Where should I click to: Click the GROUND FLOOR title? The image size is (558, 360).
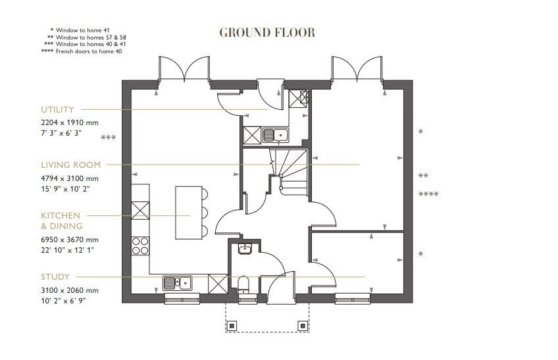pos(266,32)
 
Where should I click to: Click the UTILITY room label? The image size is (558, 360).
pos(57,110)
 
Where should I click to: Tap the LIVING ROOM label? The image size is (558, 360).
pos(71,165)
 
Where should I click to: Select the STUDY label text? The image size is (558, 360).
pos(55,277)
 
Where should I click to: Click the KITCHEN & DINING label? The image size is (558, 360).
pos(61,220)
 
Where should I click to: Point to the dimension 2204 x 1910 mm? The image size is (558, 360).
pos(69,123)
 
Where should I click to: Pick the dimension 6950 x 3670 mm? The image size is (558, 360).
pos(69,240)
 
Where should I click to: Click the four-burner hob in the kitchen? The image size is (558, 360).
pos(140,245)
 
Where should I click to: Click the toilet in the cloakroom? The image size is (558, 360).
pos(243,284)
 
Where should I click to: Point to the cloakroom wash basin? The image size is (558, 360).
pos(243,249)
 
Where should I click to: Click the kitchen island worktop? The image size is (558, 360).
pos(186,213)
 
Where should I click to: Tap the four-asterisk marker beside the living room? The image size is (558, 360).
pos(428,194)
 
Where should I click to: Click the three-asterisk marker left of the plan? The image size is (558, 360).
pos(109,138)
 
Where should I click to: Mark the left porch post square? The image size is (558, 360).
pos(232,325)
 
